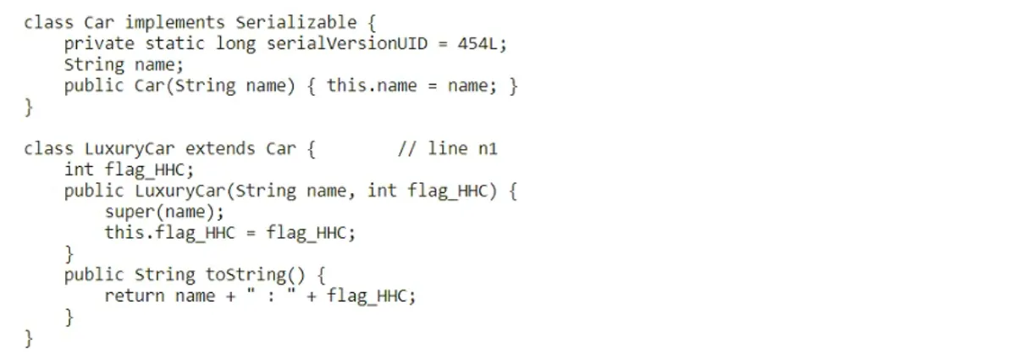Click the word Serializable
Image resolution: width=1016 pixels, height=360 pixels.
tap(296, 22)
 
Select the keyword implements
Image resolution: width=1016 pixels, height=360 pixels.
tap(174, 23)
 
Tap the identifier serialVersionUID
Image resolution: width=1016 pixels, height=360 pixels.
tap(347, 43)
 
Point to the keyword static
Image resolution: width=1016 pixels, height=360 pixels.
tap(174, 43)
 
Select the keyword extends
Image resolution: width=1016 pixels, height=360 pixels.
tap(220, 148)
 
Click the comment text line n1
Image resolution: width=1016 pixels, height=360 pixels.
tap(462, 148)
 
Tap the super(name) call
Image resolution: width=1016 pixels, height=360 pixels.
tap(160, 212)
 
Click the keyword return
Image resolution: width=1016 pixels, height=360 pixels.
tap(135, 296)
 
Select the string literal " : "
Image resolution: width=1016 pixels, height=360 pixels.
tap(271, 295)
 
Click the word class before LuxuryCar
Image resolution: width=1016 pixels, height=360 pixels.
tap(48, 148)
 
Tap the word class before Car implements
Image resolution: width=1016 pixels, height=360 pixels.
tap(48, 22)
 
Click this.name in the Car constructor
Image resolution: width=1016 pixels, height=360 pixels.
tap(372, 86)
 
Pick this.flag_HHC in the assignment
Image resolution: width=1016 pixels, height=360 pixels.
tap(169, 233)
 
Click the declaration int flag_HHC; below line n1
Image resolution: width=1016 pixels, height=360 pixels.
tap(129, 170)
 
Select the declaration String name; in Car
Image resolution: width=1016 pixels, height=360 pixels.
tap(124, 65)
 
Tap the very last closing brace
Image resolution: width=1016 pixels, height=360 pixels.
tap(29, 339)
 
